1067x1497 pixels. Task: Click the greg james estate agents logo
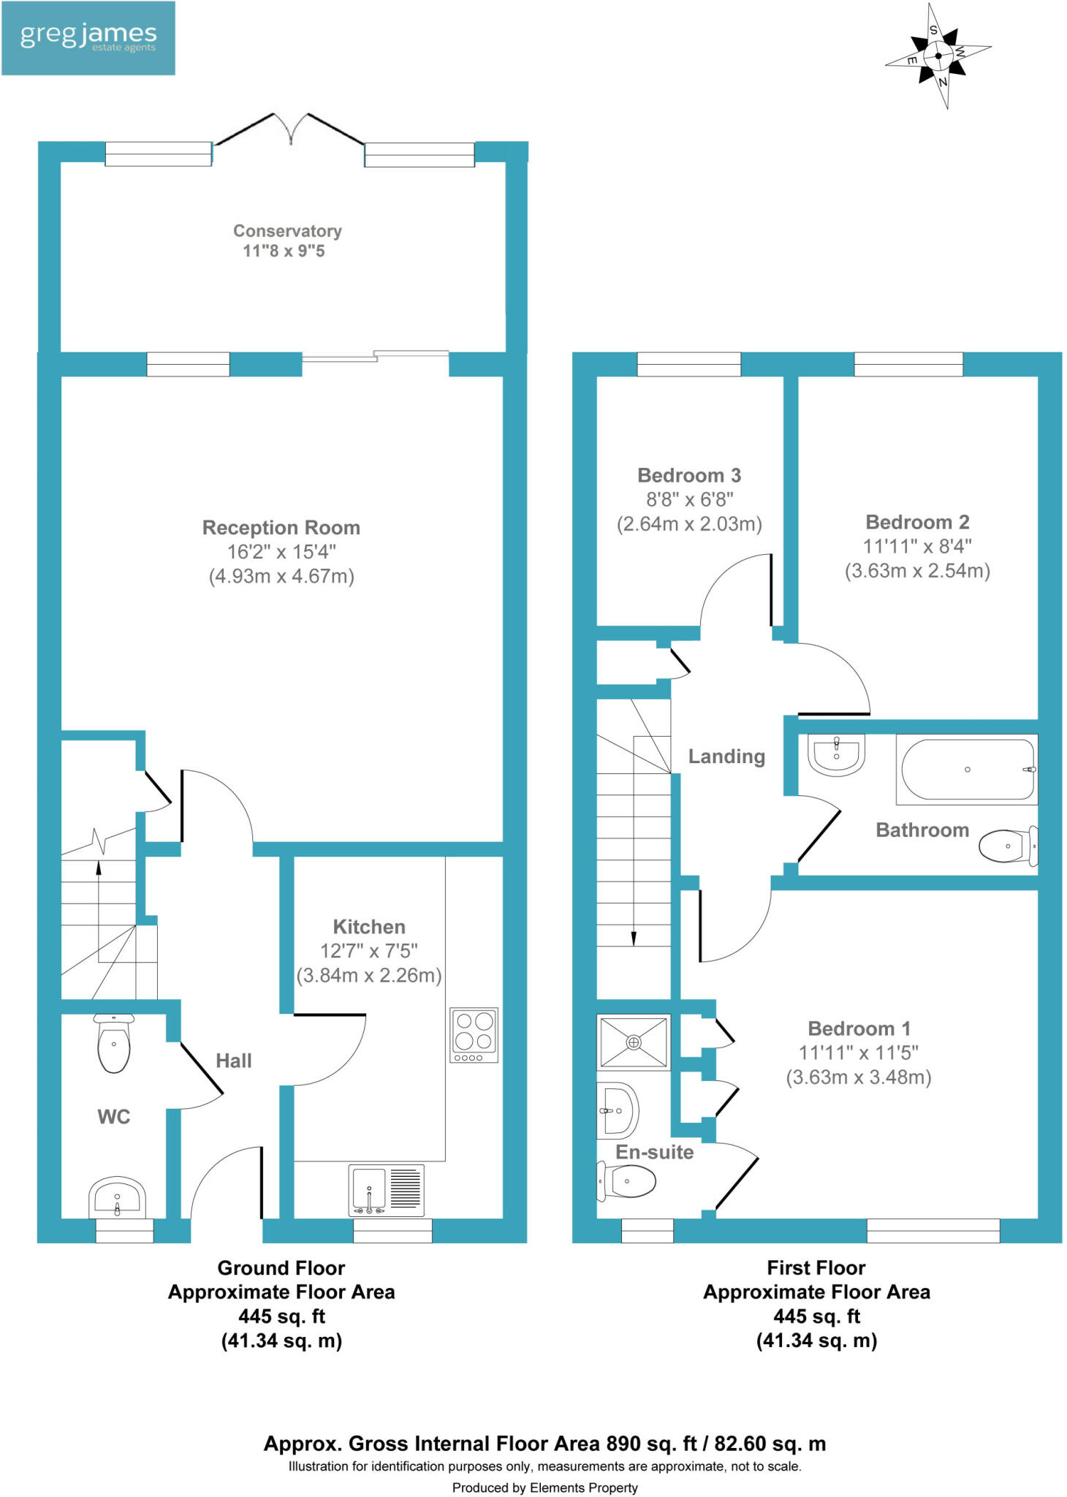coord(88,38)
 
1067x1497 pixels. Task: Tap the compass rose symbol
coord(938,56)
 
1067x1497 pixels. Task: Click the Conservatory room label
coord(287,231)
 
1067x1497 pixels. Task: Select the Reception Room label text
coord(281,528)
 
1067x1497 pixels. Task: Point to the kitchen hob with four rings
coord(474,1034)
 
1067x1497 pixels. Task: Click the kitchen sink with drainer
coord(387,1190)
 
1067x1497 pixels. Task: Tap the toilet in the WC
coord(114,1044)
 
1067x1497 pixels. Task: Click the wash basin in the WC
coord(117,1198)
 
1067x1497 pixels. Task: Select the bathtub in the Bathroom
coord(967,770)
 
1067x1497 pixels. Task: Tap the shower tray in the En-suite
coord(634,1042)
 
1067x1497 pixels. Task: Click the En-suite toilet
coord(627,1180)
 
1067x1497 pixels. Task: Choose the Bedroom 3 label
coord(689,476)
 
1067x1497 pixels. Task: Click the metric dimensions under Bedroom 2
coord(917,571)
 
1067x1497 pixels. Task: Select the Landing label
coord(726,757)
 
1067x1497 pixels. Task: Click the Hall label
coord(234,1061)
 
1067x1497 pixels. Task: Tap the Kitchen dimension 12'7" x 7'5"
coord(369,951)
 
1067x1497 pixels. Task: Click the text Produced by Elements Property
coord(544,1487)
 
